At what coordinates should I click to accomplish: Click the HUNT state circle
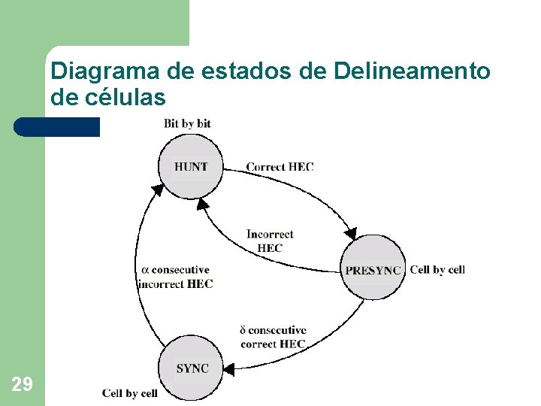(x=191, y=167)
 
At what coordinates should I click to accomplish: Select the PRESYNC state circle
(x=373, y=268)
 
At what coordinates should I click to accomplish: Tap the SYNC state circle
(x=192, y=368)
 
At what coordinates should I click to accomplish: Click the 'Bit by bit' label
(x=187, y=123)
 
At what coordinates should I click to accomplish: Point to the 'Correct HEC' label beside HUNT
(x=280, y=166)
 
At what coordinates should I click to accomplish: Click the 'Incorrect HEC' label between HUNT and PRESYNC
(x=270, y=241)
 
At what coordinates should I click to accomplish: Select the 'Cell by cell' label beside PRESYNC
(x=437, y=269)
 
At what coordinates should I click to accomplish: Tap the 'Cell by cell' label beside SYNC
(x=130, y=393)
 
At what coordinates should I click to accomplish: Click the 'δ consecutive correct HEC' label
(x=273, y=337)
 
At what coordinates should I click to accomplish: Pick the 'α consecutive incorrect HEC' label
(x=176, y=277)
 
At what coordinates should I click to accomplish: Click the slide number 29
(x=22, y=385)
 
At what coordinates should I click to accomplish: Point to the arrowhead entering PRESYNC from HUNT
(x=351, y=230)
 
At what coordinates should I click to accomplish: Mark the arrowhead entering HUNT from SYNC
(x=158, y=189)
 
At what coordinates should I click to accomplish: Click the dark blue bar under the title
(x=56, y=126)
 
